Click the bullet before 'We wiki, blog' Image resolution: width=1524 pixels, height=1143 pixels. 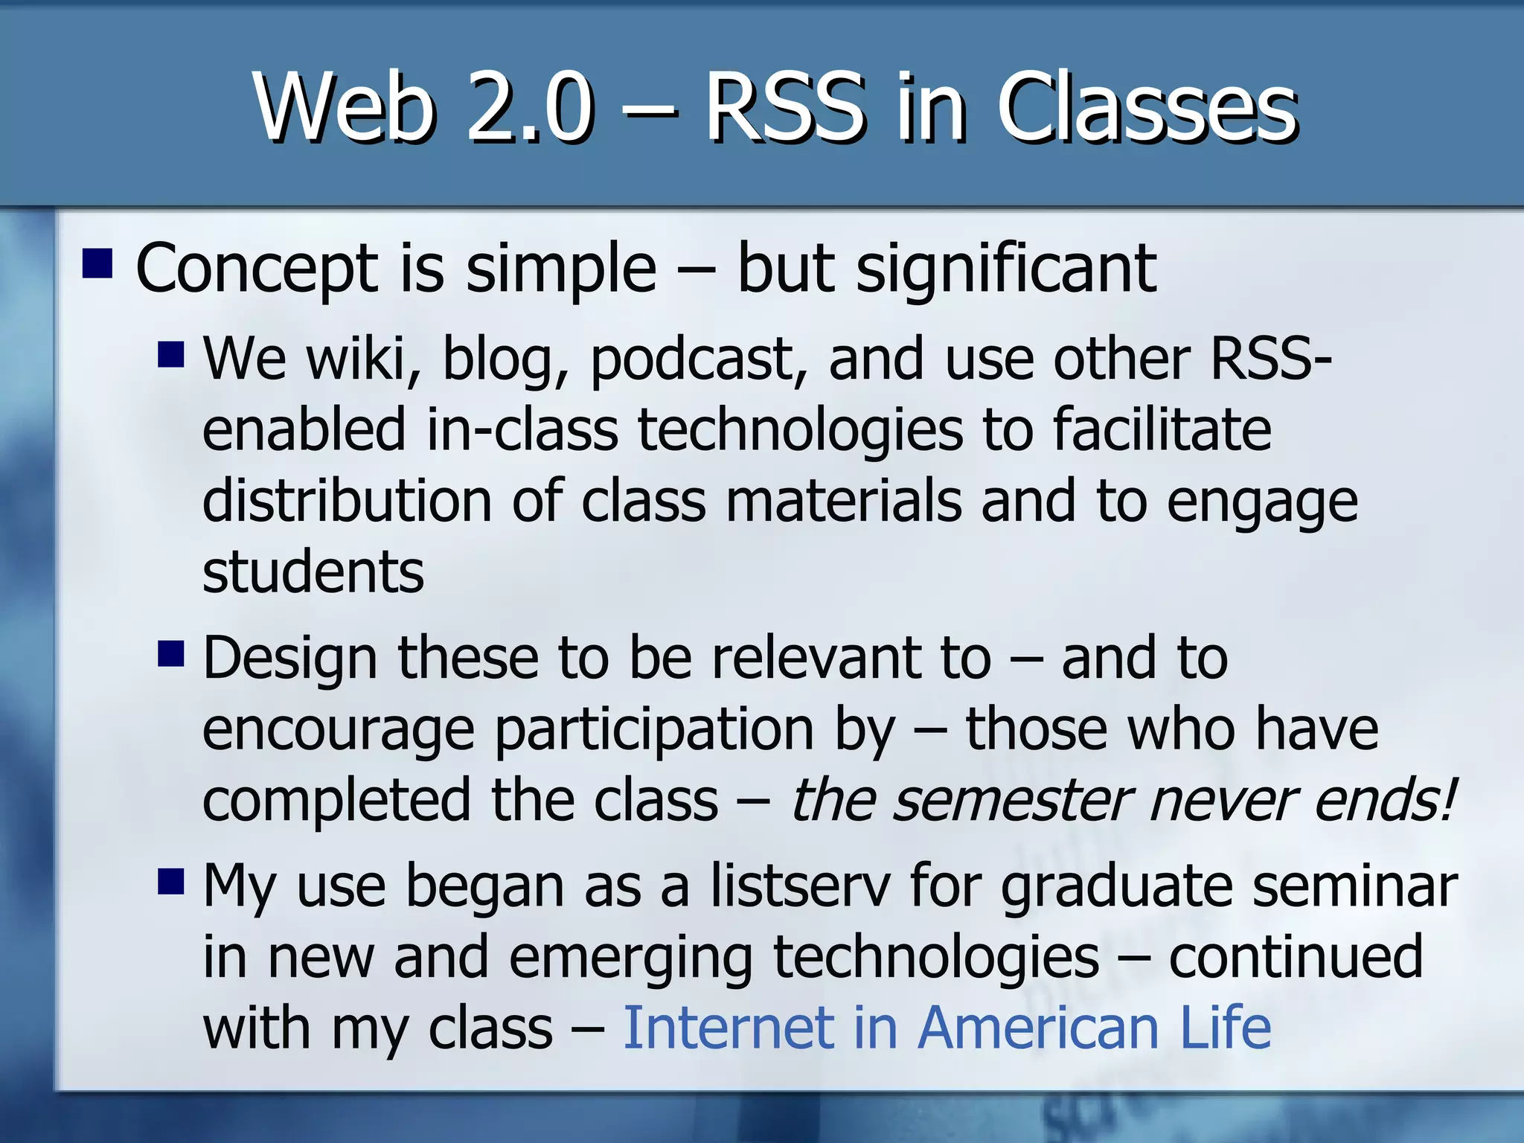click(171, 354)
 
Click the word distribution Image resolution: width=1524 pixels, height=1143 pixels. click(347, 501)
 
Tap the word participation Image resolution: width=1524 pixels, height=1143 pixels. click(655, 731)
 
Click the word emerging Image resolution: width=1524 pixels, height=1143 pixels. click(631, 958)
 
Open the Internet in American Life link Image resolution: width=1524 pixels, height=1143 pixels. click(947, 1028)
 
